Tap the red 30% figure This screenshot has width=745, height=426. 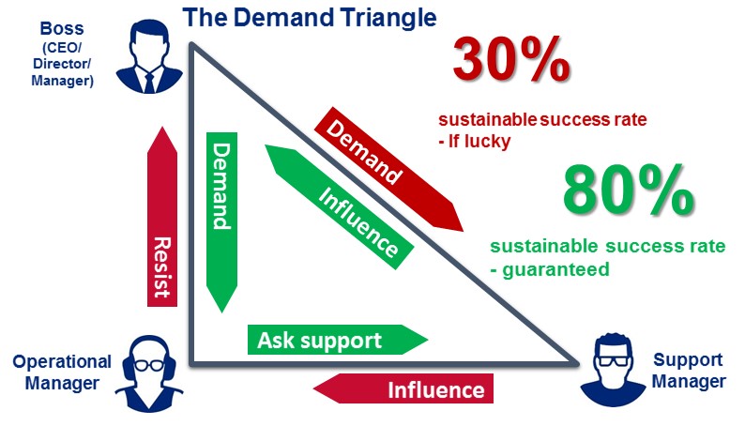511,61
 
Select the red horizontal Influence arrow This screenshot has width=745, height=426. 403,388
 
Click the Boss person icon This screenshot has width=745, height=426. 149,56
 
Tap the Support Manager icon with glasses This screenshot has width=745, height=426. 615,373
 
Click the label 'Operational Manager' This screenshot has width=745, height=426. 62,372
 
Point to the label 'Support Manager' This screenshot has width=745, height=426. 689,371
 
